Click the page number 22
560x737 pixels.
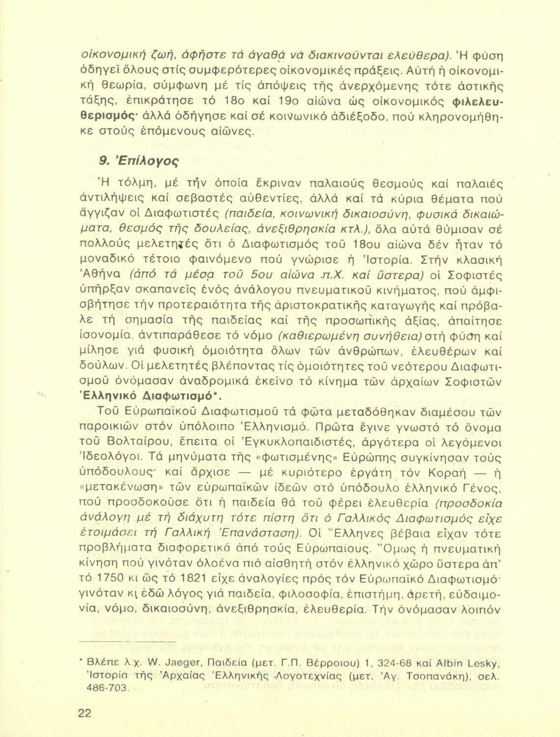(84, 713)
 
